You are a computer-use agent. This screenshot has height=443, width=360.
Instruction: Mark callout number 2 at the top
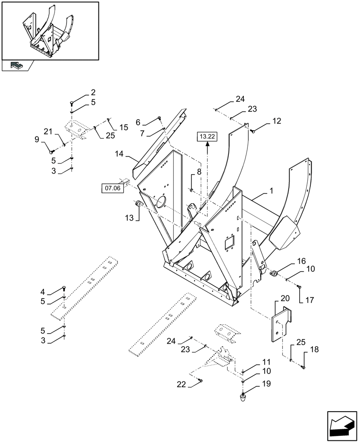[93, 93]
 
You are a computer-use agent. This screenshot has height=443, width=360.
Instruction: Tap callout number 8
[199, 171]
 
